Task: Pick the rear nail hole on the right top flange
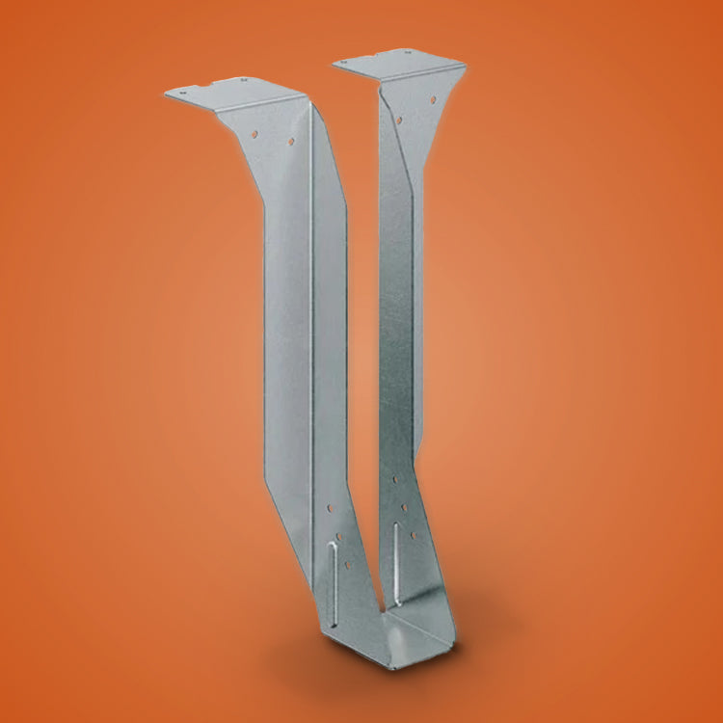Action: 409,53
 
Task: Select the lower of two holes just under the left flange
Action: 290,142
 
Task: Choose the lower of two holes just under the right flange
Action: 398,120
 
